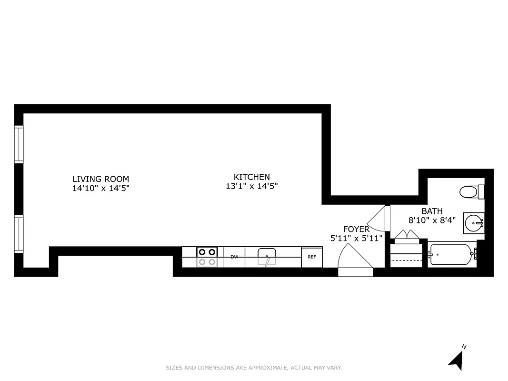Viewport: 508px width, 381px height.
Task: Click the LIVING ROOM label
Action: (100, 179)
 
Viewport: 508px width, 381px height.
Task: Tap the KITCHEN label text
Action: (251, 177)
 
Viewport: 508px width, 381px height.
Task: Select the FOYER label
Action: (356, 229)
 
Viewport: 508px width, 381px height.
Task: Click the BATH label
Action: (432, 211)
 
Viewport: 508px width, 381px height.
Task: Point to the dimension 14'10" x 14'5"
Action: (100, 188)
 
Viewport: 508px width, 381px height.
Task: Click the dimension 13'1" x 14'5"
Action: (251, 186)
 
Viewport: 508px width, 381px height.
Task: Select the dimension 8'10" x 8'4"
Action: (432, 220)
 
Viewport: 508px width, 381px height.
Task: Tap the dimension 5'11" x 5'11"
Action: (356, 238)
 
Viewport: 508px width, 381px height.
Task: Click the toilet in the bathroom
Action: (471, 192)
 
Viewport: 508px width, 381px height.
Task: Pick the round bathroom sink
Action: (474, 222)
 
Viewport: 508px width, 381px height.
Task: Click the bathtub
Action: (450, 255)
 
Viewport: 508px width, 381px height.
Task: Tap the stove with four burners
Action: (207, 257)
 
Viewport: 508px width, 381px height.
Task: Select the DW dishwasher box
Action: (234, 257)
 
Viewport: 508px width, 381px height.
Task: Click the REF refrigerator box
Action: (312, 257)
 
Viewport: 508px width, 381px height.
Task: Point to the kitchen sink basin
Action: (266, 256)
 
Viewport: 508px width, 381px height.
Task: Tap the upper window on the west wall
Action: (19, 144)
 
